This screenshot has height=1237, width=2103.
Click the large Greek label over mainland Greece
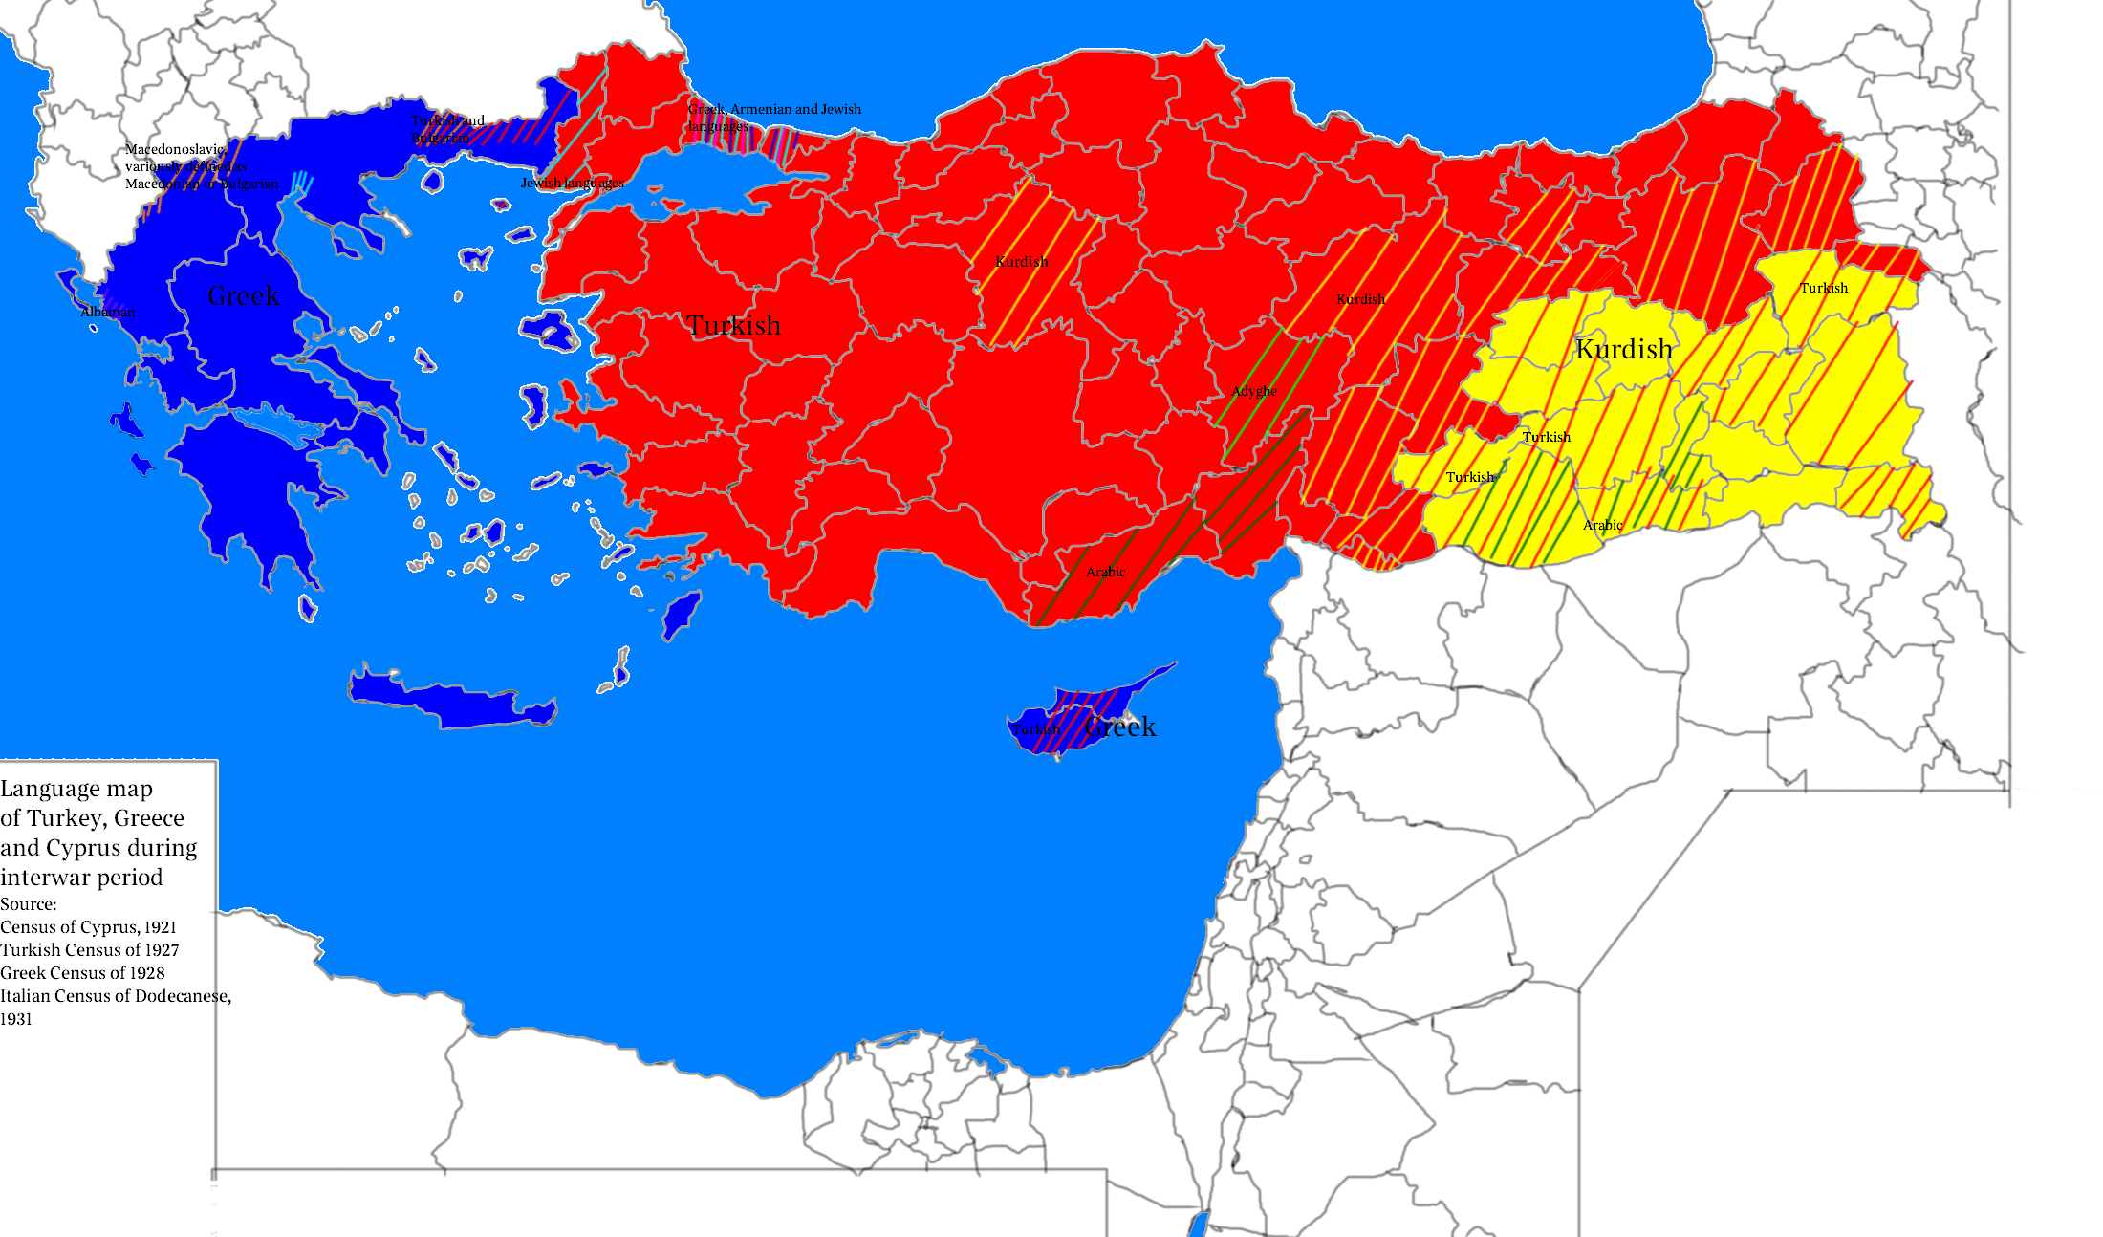[244, 296]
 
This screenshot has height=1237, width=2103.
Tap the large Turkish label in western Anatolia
[733, 326]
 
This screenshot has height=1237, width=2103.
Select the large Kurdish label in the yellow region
[1623, 350]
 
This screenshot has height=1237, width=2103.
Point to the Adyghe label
[1253, 391]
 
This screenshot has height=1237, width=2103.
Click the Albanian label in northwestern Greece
[107, 313]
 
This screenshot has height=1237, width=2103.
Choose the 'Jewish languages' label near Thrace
[572, 183]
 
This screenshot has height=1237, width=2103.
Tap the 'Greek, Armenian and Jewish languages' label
[773, 110]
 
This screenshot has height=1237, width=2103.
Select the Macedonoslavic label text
[175, 150]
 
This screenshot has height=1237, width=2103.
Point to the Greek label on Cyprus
[1121, 727]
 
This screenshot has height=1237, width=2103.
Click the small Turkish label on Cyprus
[1035, 729]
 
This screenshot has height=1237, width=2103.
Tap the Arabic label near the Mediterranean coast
[1105, 572]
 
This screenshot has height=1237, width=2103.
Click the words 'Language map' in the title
[76, 790]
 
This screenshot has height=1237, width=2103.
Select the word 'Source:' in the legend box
[29, 904]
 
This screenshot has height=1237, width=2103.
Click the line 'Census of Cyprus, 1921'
[88, 927]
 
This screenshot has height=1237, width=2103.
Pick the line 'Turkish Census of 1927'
[89, 950]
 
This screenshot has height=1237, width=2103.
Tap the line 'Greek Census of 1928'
[82, 973]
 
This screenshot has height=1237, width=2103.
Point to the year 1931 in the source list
[16, 1019]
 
